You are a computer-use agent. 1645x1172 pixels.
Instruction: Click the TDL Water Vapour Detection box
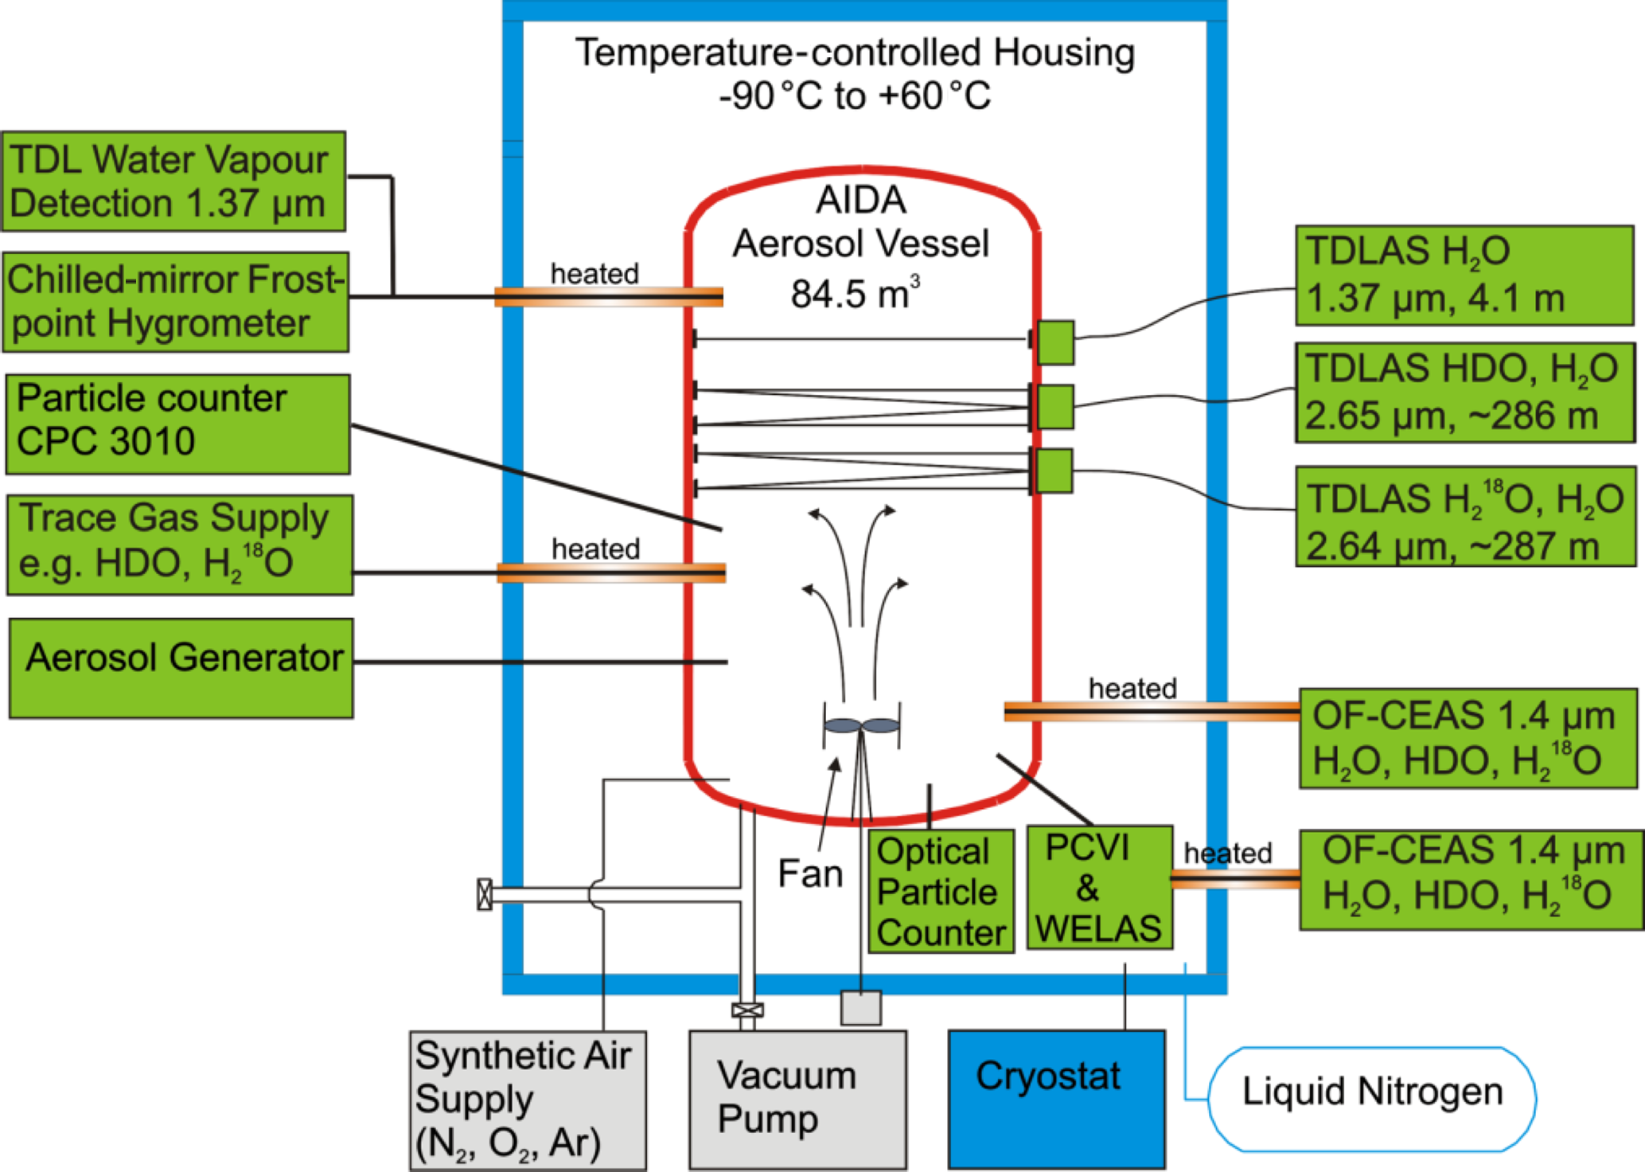[x=173, y=182]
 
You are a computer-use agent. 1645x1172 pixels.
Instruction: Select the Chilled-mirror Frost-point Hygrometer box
[x=176, y=302]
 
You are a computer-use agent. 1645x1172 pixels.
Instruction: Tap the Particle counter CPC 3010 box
[x=177, y=424]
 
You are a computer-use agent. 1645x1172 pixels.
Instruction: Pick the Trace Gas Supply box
[x=180, y=545]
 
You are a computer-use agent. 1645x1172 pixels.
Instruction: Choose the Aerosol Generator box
[x=181, y=668]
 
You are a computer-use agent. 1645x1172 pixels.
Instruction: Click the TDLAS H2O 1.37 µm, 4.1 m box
[x=1464, y=275]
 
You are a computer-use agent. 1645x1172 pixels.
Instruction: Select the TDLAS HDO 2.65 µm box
[x=1465, y=393]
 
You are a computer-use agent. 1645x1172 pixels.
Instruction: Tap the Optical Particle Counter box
[x=941, y=892]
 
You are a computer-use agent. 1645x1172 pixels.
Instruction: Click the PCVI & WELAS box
[x=1099, y=888]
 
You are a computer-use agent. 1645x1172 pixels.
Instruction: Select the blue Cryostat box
[x=1056, y=1099]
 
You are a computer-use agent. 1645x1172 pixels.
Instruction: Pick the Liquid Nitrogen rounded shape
[x=1372, y=1099]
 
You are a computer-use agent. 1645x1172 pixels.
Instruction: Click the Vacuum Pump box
[x=797, y=1100]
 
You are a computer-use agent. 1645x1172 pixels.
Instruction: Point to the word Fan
[x=810, y=873]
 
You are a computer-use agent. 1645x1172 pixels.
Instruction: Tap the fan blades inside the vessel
[x=861, y=725]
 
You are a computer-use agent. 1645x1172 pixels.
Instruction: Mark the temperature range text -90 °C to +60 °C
[x=855, y=96]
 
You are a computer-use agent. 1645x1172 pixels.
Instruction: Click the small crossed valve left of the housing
[x=484, y=894]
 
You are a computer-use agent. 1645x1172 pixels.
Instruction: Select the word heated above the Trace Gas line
[x=596, y=549]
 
